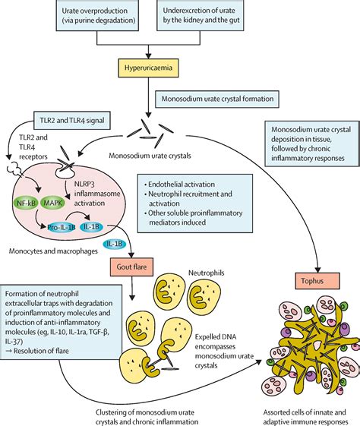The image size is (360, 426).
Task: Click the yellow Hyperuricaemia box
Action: [148, 68]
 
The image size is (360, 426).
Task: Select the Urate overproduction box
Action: [97, 15]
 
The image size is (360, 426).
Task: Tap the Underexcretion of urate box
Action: [201, 15]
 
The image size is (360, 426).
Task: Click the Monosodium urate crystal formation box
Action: [217, 99]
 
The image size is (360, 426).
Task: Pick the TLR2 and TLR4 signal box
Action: [72, 120]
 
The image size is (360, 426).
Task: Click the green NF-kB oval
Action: [26, 203]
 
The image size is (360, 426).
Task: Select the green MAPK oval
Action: [52, 203]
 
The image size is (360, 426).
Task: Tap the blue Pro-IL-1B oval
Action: [61, 227]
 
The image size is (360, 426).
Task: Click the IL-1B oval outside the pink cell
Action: [115, 244]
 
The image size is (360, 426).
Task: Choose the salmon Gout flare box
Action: [131, 267]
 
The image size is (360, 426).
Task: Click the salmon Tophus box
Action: [317, 281]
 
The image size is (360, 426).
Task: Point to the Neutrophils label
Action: [207, 273]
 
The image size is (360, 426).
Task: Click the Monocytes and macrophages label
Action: [53, 251]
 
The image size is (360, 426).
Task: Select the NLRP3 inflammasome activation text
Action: [97, 194]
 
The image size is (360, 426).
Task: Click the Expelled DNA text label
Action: [216, 337]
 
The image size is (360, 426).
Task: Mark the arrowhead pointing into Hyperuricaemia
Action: [148, 55]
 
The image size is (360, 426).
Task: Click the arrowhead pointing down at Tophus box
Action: [317, 270]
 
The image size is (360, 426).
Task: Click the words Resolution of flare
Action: [41, 351]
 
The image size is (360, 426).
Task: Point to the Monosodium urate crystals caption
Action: [150, 156]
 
